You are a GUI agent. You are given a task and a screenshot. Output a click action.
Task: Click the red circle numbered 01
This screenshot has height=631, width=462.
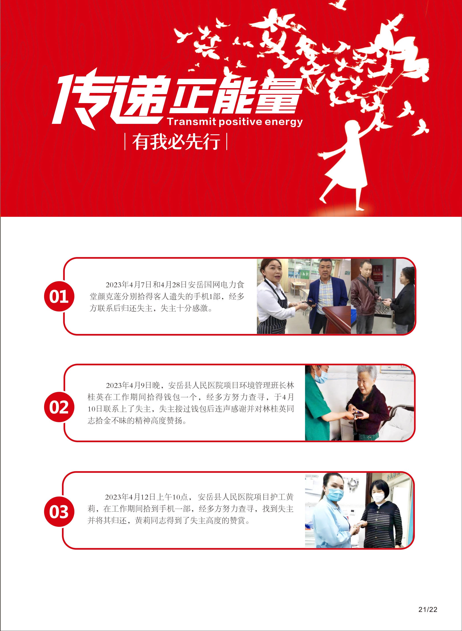(59, 296)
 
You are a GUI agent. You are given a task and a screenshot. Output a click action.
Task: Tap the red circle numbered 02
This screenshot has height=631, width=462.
(59, 407)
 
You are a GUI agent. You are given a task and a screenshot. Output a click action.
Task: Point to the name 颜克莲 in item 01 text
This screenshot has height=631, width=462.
(114, 297)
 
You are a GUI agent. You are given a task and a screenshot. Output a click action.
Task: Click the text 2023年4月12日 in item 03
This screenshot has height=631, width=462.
(130, 497)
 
